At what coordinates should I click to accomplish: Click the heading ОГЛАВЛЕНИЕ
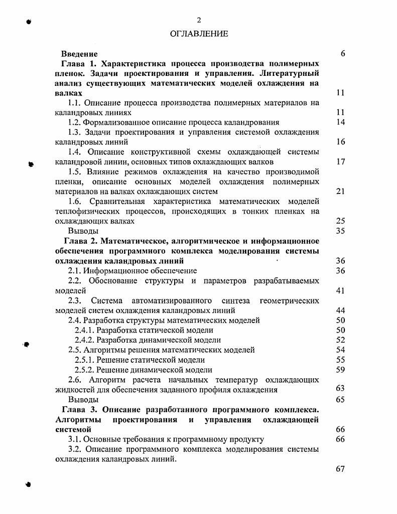click(199, 34)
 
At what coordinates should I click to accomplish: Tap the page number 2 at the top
click(199, 20)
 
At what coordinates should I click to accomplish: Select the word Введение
click(79, 54)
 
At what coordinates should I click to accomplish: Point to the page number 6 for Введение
click(342, 54)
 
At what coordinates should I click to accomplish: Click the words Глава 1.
click(78, 64)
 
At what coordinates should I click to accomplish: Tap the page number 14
click(340, 122)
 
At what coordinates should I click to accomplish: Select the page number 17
click(340, 162)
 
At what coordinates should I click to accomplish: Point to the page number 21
click(340, 191)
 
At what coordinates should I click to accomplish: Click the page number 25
click(340, 221)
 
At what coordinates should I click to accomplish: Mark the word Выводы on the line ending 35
click(83, 231)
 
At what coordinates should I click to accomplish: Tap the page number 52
click(340, 340)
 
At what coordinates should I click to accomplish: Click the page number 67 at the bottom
click(340, 469)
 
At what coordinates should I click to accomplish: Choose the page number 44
click(340, 311)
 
